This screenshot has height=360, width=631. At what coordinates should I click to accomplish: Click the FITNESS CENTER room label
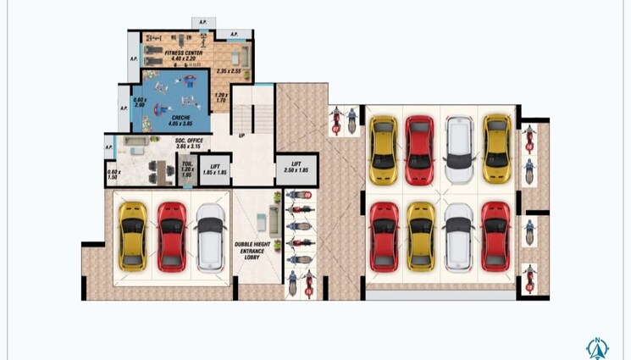[184, 53]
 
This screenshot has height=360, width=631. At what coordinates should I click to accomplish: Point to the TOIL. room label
[187, 167]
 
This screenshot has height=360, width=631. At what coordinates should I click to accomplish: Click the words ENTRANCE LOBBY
[252, 253]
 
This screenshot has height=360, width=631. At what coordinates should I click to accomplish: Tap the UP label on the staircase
[242, 135]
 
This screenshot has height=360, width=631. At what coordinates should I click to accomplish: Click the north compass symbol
[597, 347]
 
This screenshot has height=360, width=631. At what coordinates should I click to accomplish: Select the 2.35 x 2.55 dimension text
[228, 71]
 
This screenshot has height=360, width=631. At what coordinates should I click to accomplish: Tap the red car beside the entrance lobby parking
[170, 237]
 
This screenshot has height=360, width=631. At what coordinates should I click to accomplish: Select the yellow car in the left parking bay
[132, 237]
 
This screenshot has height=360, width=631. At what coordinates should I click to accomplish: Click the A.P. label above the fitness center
[202, 22]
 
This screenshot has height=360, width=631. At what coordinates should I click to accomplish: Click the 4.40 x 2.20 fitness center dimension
[184, 58]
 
